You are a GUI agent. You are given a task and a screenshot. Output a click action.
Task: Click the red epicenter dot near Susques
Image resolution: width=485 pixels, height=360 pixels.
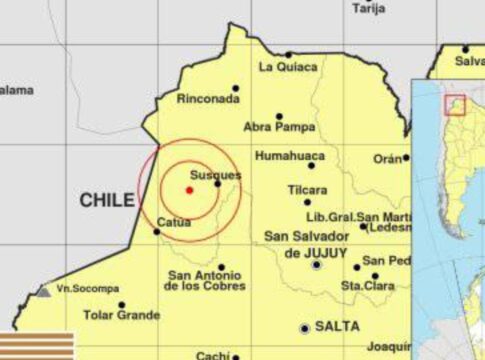click(189, 190)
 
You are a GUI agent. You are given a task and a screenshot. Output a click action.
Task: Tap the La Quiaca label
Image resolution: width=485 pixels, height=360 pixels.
click(288, 67)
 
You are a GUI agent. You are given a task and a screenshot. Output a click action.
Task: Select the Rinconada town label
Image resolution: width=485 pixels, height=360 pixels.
click(208, 99)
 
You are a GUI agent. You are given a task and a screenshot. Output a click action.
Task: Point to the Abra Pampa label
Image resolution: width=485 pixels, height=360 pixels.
click(275, 128)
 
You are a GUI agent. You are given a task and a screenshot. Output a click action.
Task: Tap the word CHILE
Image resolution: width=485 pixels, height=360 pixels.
click(105, 202)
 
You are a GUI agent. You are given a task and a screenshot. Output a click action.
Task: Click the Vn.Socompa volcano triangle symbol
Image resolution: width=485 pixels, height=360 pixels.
click(43, 290)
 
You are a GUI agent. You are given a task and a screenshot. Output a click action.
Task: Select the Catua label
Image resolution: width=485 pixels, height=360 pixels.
click(174, 222)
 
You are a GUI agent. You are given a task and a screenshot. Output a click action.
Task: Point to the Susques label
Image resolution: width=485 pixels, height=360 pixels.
click(214, 175)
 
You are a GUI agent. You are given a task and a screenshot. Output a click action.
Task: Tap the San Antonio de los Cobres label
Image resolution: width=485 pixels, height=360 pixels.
click(206, 281)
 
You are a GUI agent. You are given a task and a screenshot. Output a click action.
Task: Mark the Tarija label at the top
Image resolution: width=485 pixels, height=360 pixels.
click(368, 8)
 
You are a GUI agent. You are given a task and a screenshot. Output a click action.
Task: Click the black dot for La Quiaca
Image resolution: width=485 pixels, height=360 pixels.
click(289, 54)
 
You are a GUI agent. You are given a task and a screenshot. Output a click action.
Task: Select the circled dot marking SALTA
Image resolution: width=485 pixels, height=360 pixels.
click(305, 328)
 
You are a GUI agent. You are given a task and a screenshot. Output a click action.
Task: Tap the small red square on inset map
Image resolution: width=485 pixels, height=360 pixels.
click(455, 104)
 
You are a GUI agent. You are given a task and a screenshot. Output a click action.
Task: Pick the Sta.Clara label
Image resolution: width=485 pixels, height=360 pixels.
click(365, 285)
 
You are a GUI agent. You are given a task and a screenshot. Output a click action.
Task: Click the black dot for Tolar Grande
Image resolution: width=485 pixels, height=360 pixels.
click(121, 305)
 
